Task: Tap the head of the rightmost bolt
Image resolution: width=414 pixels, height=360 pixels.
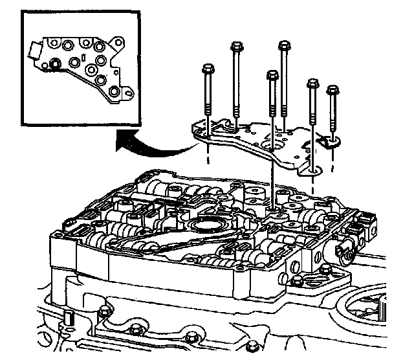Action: click(x=333, y=89)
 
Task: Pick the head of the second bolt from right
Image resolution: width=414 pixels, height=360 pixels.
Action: click(x=313, y=84)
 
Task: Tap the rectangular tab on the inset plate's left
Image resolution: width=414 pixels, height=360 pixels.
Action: click(x=34, y=48)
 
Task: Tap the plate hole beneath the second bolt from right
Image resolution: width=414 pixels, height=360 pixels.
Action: click(x=314, y=170)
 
